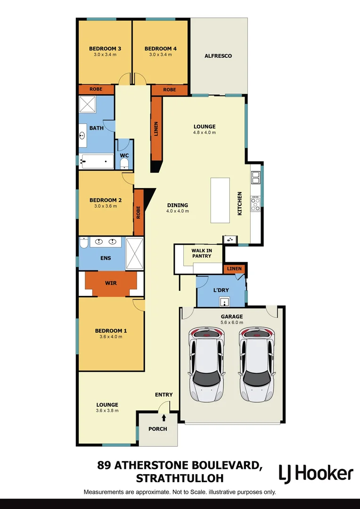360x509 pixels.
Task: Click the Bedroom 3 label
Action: [x=105, y=49]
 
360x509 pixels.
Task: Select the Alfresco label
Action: [x=218, y=56]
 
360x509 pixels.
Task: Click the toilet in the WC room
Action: [x=124, y=163]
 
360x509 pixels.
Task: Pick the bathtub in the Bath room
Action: [x=97, y=161]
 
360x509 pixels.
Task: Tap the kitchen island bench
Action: [x=220, y=200]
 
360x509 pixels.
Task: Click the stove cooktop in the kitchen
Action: [x=256, y=204]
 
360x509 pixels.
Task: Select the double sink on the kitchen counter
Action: [x=256, y=178]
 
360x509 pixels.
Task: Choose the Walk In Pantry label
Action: [x=201, y=253]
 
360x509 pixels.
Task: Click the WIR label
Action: [x=111, y=283]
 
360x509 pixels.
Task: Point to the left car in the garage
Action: [x=206, y=365]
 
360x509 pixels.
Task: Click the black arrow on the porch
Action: [x=164, y=418]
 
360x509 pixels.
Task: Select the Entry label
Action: [x=164, y=394]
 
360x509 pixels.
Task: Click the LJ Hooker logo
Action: [x=316, y=473]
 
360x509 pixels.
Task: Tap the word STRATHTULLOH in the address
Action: [x=179, y=479]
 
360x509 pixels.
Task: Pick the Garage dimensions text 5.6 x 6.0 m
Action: [x=232, y=322]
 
